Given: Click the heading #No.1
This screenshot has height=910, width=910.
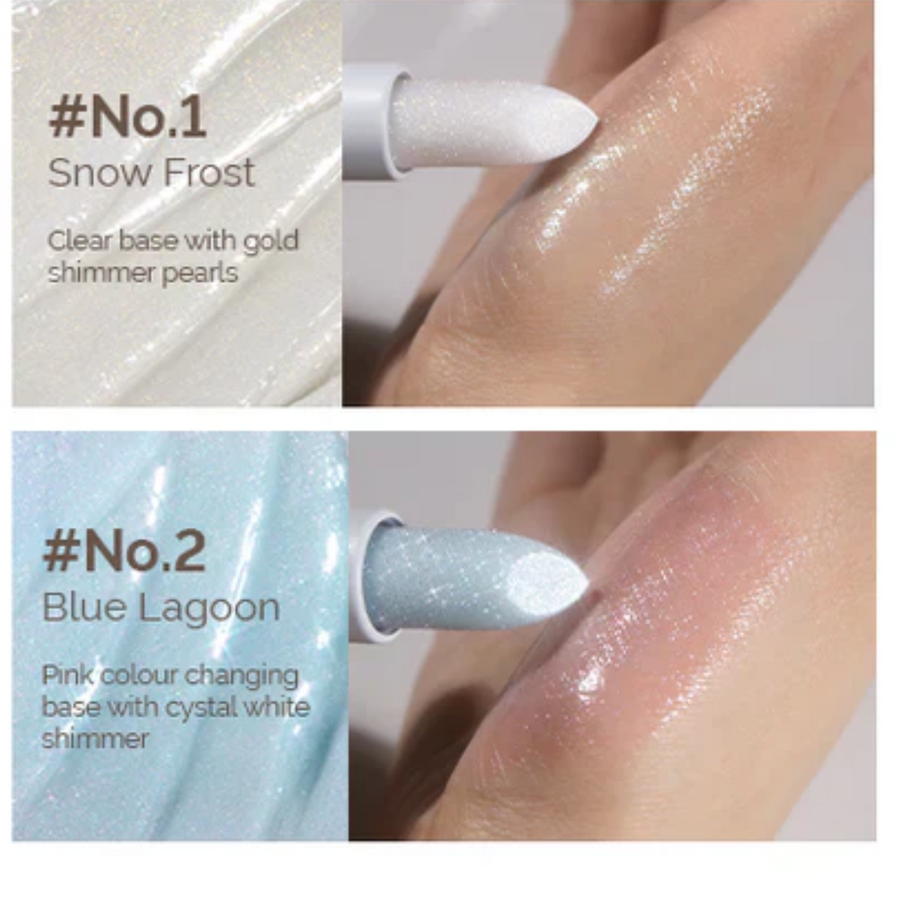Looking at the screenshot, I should coord(127,117).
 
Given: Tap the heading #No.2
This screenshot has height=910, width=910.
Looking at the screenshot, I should coord(124,552).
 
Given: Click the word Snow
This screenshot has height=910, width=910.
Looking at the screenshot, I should coord(98,173).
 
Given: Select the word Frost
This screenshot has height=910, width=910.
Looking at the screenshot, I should coord(208,173).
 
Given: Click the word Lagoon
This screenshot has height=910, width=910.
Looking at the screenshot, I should coord(208,609).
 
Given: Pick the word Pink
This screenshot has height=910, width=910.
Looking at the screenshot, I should coord(67,675).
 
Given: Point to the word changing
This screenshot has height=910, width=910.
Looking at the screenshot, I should coord(242,677).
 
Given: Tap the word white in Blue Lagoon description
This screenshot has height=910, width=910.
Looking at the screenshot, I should coord(278,707).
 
